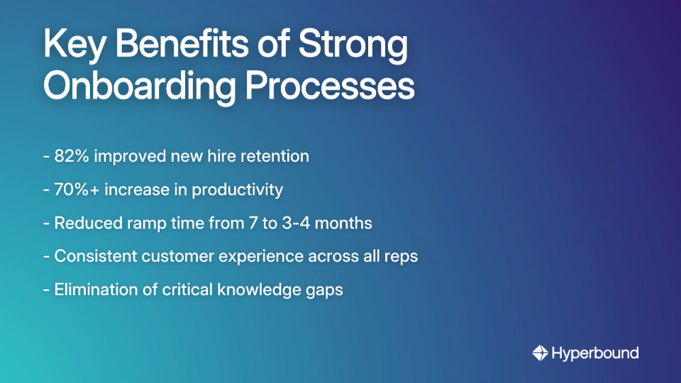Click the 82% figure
(70, 156)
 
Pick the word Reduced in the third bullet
(87, 223)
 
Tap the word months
(346, 223)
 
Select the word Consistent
(97, 257)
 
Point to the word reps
(402, 257)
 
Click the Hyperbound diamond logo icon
(540, 353)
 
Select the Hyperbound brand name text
(595, 353)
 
